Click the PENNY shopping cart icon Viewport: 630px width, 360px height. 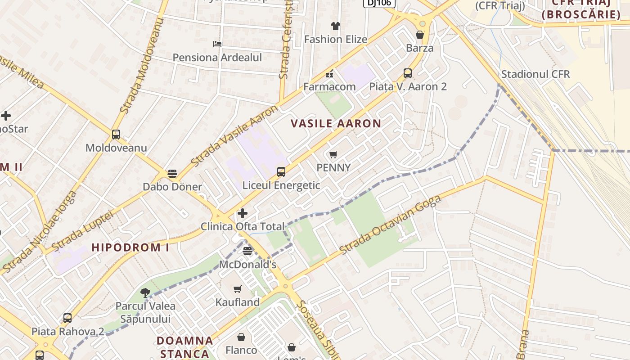click(333, 155)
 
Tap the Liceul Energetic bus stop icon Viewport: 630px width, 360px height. click(281, 172)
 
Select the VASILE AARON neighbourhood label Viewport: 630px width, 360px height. click(336, 123)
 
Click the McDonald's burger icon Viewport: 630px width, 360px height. click(247, 251)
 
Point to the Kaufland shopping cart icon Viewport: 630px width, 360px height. click(238, 289)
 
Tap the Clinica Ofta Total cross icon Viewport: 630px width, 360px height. click(243, 213)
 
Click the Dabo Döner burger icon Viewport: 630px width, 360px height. click(172, 174)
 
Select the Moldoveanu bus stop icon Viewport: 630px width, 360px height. click(116, 135)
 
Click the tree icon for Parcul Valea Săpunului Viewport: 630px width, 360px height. click(145, 293)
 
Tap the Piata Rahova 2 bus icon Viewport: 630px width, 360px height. click(67, 318)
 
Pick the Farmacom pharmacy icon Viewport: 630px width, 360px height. click(329, 73)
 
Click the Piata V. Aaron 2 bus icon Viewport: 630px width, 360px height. click(408, 73)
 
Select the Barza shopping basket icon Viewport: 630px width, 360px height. click(420, 35)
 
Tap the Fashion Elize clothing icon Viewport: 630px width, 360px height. click(336, 26)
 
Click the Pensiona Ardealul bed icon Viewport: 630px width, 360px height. click(217, 44)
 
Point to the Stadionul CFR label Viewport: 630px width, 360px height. click(535, 74)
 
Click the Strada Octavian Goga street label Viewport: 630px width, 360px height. click(390, 225)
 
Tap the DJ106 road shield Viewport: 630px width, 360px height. click(379, 3)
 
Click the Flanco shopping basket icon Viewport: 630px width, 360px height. click(241, 337)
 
